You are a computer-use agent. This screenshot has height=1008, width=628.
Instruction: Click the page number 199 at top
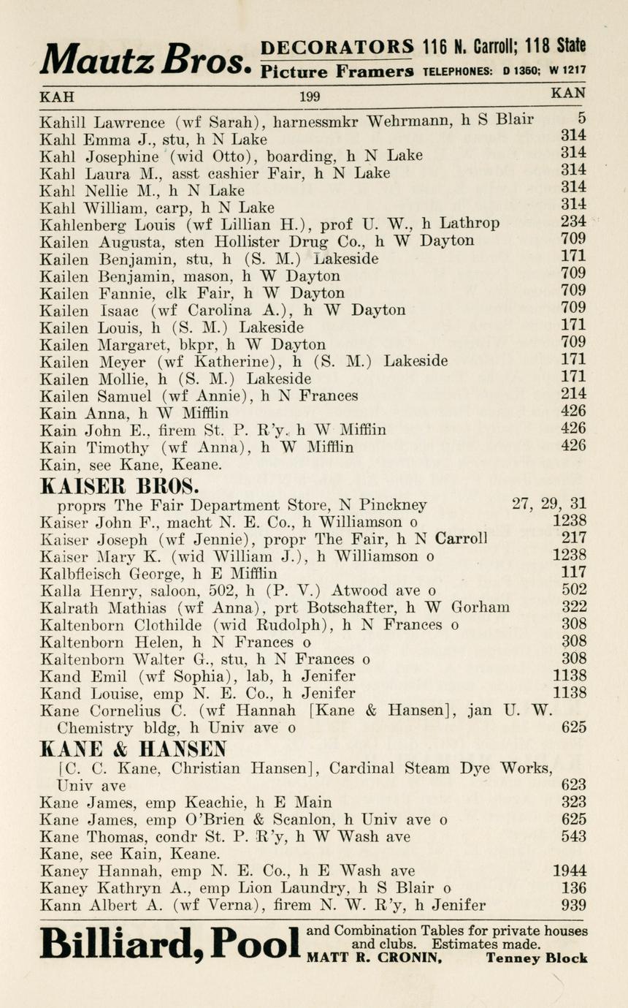pyautogui.click(x=310, y=96)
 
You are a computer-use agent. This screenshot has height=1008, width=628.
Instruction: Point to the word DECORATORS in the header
pyautogui.click(x=337, y=47)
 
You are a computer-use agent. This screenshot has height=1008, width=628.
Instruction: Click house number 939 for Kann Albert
pyautogui.click(x=573, y=906)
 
